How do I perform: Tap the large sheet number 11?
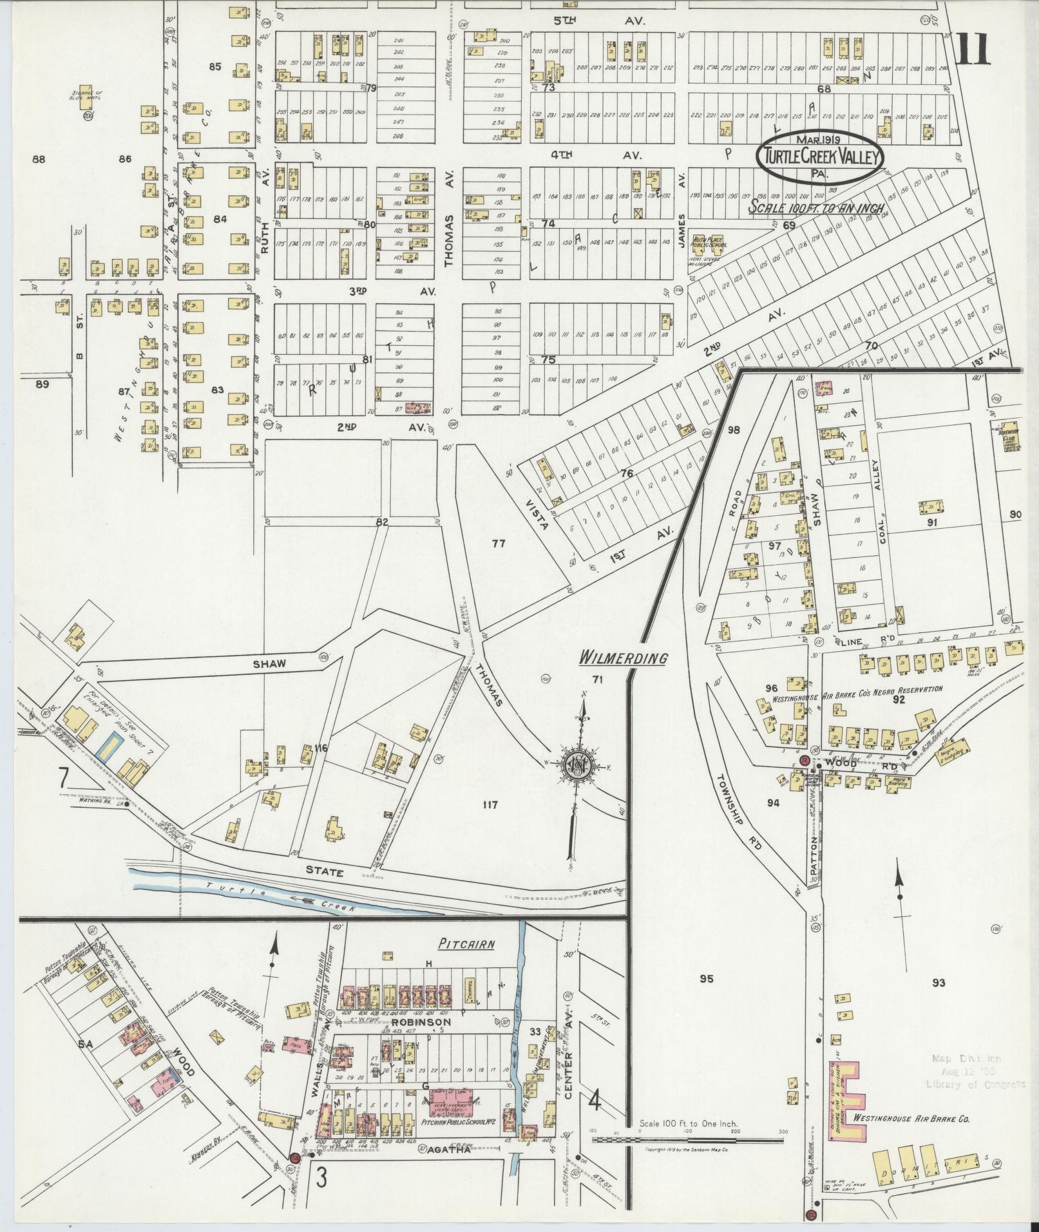pos(973,50)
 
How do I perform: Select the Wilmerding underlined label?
pos(622,658)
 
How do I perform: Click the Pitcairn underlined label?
pos(467,945)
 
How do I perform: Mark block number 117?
pos(490,804)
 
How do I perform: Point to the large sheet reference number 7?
pos(64,778)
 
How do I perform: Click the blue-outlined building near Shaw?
pos(107,744)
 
